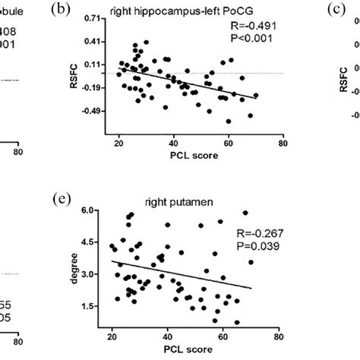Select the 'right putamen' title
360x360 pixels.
pyautogui.click(x=181, y=204)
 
